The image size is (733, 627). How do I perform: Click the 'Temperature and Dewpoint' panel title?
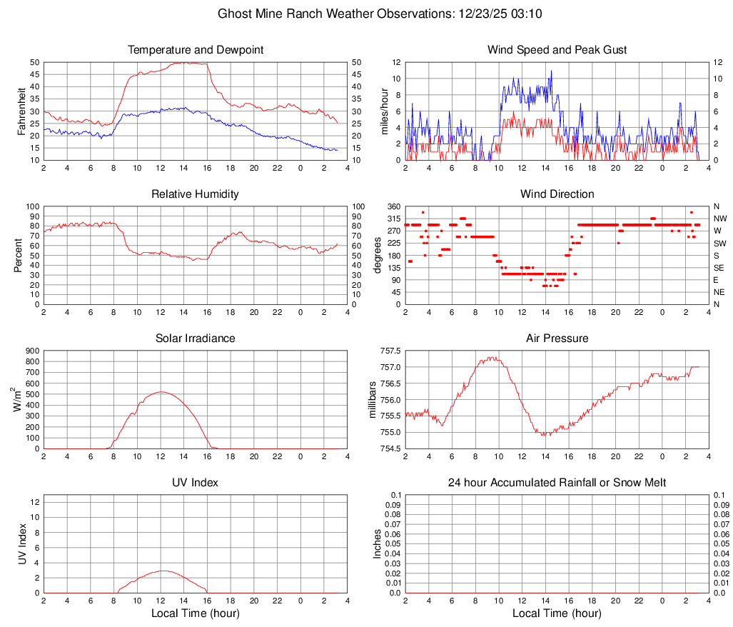coord(196,50)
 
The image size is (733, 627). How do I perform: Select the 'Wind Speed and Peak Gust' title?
coord(557,50)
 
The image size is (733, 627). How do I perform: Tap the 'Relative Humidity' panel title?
coord(196,194)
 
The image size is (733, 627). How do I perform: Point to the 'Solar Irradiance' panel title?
coord(196,338)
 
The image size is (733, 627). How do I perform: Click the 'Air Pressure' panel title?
coord(557,338)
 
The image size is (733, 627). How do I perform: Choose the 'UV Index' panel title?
coord(196,483)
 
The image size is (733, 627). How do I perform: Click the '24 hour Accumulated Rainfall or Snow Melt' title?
coord(557,483)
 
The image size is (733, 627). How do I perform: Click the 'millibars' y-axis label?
coord(372,399)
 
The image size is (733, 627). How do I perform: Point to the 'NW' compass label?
coord(719,219)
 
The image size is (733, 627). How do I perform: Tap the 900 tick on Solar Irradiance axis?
coord(31,351)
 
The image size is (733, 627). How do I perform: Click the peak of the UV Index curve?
coord(163,571)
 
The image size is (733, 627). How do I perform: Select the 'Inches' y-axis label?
coord(378,543)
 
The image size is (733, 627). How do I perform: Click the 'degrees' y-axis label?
coord(378,255)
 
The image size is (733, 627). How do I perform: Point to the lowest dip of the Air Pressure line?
coord(544,435)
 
